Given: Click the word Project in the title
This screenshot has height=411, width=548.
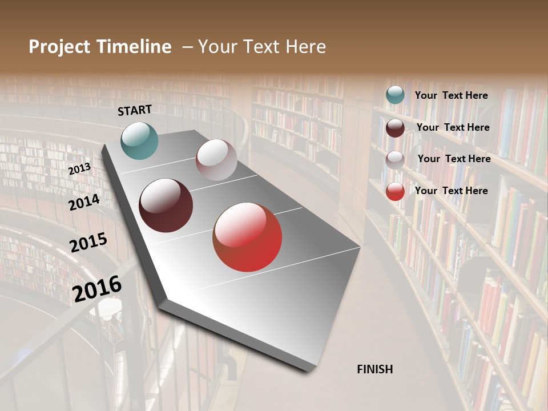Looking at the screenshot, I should [59, 47].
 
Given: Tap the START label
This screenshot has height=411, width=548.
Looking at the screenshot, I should [135, 110].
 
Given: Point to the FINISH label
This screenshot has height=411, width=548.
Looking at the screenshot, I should [374, 369].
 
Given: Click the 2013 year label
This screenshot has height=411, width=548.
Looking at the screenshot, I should [79, 169].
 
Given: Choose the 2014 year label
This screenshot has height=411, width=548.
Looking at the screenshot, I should [84, 203].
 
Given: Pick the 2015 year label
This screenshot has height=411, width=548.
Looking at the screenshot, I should [88, 243].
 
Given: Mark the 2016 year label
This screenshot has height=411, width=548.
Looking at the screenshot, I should [97, 288].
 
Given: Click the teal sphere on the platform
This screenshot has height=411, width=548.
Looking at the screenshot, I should [139, 140].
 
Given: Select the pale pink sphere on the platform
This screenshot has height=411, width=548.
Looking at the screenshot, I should [216, 160].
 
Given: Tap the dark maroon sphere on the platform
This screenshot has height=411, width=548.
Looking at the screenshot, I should [166, 205].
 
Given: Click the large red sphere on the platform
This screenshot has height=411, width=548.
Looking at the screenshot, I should [247, 237].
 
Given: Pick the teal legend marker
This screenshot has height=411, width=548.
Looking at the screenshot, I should [395, 95].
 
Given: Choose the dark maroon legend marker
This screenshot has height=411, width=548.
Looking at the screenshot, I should [395, 128].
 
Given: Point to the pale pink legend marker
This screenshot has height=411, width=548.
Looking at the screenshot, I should [395, 160].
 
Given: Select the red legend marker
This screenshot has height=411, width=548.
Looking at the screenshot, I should [395, 191].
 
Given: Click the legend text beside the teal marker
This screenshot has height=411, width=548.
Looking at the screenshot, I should [451, 96].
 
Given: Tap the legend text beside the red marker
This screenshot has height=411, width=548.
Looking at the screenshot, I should [451, 191].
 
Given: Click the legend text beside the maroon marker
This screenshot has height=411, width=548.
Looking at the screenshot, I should [453, 127].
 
